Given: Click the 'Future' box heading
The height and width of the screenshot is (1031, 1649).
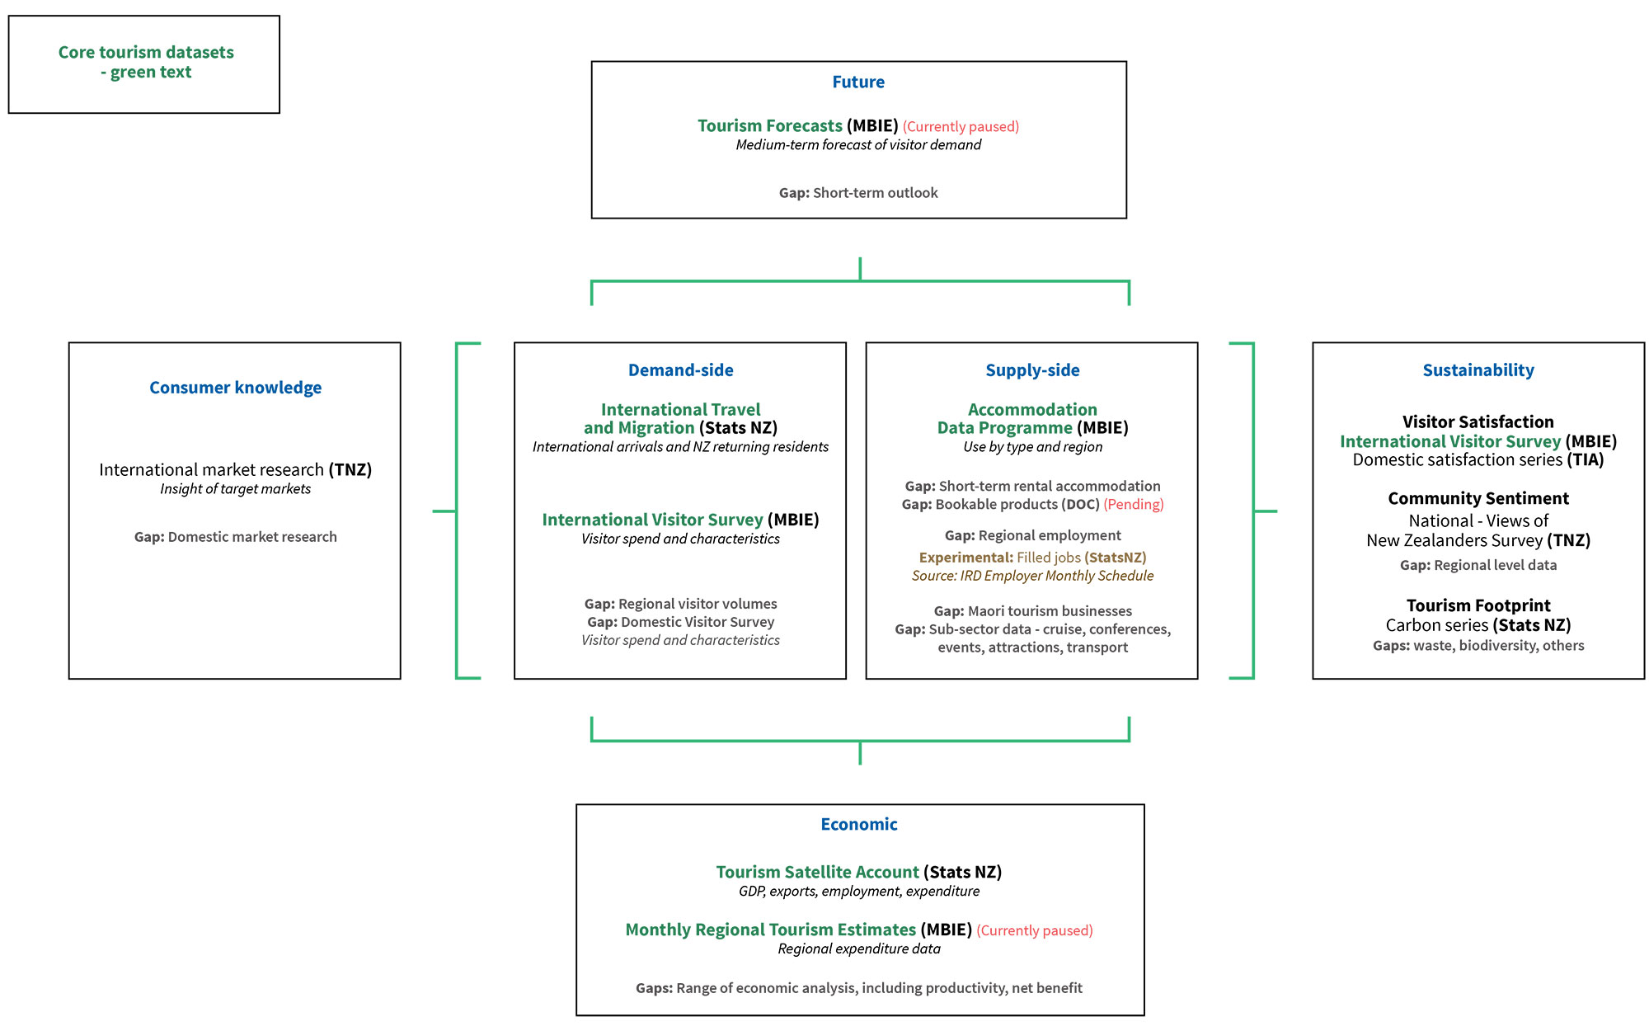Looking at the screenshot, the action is tap(858, 82).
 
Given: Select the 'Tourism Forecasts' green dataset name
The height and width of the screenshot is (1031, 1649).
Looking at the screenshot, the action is tap(770, 125).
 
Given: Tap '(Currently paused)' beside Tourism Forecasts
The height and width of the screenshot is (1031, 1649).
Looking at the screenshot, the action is tap(961, 126).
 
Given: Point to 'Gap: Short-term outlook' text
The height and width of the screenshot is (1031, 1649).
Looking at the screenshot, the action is tap(858, 192).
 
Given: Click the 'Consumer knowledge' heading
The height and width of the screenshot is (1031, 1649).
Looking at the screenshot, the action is tap(235, 388).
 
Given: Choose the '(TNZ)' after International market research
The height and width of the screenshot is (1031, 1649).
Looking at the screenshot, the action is tap(350, 469).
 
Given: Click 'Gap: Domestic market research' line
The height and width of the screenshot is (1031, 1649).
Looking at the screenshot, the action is tap(236, 537).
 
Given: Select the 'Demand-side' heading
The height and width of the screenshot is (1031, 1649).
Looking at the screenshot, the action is tap(680, 370).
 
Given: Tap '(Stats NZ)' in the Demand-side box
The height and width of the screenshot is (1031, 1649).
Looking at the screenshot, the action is tap(738, 428).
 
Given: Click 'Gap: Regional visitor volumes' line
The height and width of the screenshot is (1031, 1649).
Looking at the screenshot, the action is tap(680, 604).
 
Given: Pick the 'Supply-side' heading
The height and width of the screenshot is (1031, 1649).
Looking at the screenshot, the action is tap(1032, 370).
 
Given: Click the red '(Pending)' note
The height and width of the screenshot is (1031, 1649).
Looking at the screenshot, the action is tap(1134, 504).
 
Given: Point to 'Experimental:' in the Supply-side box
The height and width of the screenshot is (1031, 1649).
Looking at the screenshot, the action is tap(966, 558).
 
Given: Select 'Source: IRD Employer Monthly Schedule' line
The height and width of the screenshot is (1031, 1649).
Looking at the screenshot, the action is tap(1032, 576).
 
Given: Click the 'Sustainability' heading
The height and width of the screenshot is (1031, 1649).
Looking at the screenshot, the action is tap(1478, 370).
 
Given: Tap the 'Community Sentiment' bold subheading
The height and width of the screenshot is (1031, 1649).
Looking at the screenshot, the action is tap(1478, 498).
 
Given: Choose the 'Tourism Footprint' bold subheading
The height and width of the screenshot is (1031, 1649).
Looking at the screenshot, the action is tap(1478, 605).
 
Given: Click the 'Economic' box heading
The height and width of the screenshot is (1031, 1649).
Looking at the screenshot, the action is tap(858, 824).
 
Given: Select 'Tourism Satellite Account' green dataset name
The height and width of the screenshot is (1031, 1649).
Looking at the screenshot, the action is tap(817, 872).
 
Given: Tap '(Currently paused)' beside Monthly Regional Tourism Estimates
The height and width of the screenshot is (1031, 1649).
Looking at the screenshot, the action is tap(1035, 930).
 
